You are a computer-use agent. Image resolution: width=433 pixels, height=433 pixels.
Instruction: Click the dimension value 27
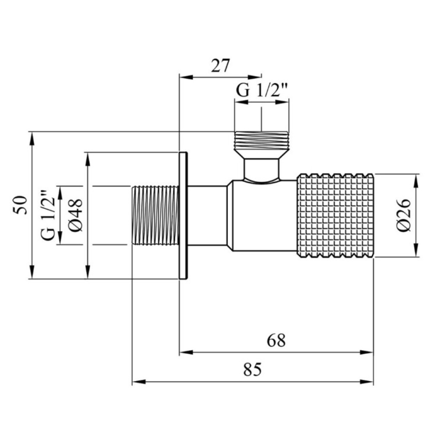pos(220,66)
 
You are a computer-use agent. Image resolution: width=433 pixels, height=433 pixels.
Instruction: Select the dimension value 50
pos(20,205)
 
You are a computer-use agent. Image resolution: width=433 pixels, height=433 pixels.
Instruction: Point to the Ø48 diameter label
pos(75,215)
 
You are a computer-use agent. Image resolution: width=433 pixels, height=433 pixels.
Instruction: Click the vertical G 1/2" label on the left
pos(48,215)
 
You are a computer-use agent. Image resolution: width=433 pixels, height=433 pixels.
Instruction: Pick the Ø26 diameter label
pos(404,215)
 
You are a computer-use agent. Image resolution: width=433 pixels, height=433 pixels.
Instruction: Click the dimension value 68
pos(276,340)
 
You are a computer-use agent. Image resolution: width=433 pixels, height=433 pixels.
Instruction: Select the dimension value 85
pos(252,369)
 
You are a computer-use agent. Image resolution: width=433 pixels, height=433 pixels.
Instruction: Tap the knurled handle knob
pos(335,216)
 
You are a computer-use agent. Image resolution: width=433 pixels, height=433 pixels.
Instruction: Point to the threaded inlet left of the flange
pos(155,216)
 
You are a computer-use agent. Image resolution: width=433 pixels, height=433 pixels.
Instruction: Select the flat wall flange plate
pos(183,215)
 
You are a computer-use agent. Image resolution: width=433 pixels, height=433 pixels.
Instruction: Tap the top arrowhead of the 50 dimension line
pos(32,139)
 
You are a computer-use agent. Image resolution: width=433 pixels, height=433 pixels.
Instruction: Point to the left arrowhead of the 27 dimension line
pos(186,77)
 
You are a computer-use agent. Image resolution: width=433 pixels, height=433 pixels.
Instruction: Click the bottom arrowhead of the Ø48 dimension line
pos(87,272)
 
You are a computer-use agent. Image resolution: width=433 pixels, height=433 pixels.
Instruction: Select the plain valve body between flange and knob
pos(242,216)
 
